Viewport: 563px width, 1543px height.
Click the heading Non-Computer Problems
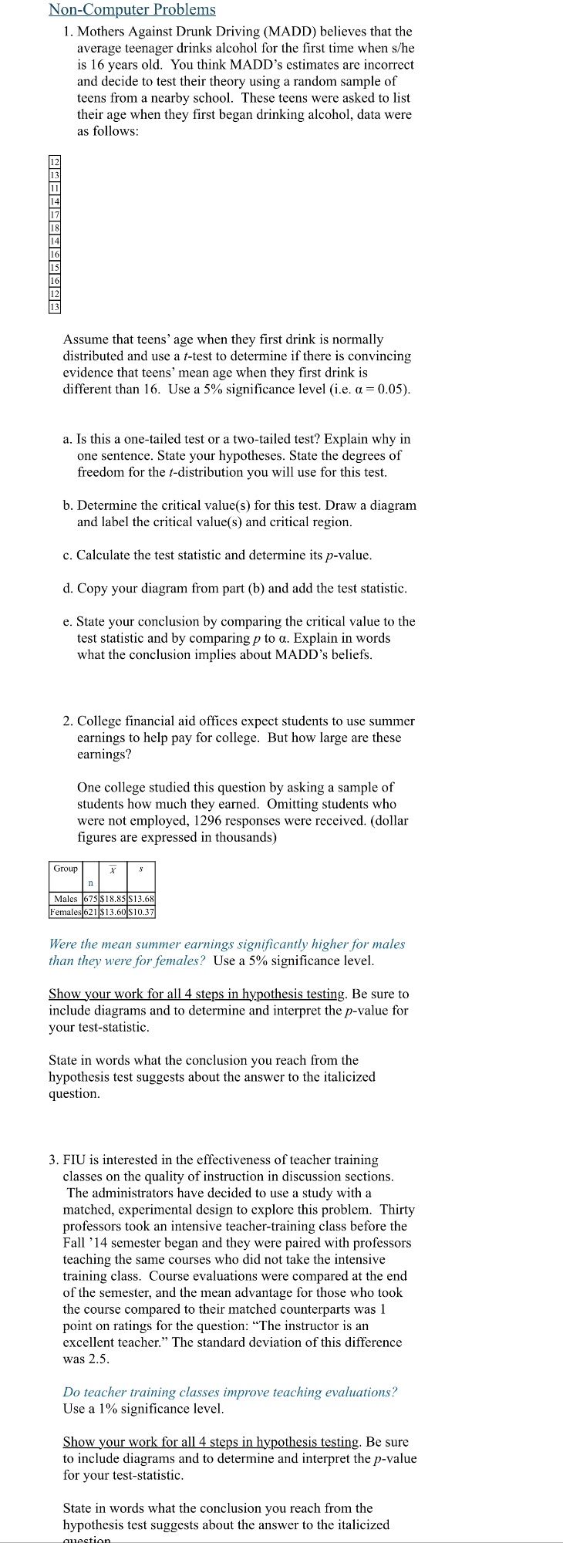pyautogui.click(x=132, y=10)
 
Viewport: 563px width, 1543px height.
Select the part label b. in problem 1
pyautogui.click(x=69, y=505)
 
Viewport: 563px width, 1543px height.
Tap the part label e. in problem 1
pyautogui.click(x=68, y=622)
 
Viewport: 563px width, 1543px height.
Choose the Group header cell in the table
pyautogui.click(x=66, y=869)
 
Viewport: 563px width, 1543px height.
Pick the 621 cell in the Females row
pyautogui.click(x=89, y=912)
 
